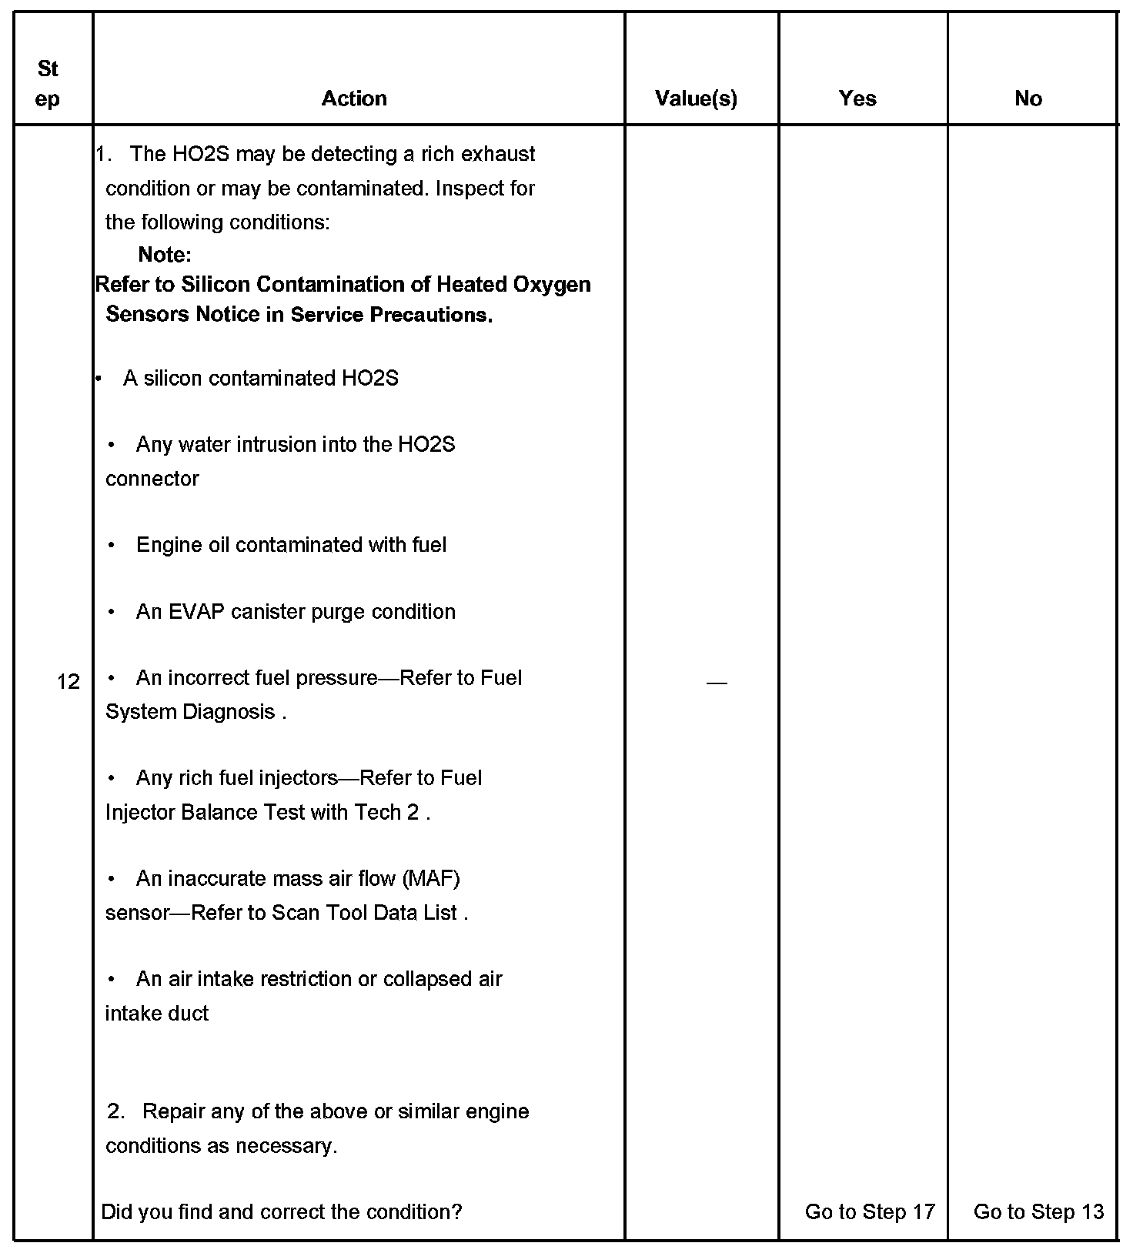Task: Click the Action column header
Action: coord(354,99)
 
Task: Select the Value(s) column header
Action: coord(696,99)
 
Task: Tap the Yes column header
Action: coord(857,99)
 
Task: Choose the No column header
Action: coord(1028,99)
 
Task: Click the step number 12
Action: coord(69,681)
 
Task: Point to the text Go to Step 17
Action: coord(870,1211)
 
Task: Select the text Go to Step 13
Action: coord(1038,1211)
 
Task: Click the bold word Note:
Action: coord(165,255)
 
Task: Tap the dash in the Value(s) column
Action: coord(716,683)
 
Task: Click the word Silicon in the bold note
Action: coord(216,285)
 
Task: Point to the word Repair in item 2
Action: coord(174,1111)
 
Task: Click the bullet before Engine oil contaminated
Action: coord(112,546)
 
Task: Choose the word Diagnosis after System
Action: coord(229,712)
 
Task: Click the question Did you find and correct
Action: coord(282,1211)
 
